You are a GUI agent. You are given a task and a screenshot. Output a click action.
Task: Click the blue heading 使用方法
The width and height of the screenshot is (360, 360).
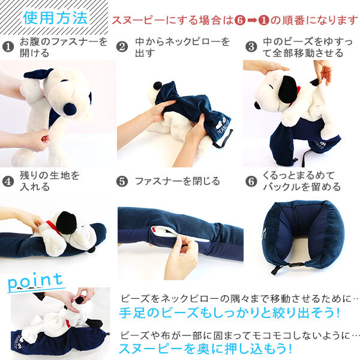tap(55, 17)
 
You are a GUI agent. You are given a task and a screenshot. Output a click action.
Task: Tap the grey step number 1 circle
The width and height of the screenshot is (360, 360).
tap(8, 47)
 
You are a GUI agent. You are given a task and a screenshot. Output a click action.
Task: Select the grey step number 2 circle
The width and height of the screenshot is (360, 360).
tap(122, 47)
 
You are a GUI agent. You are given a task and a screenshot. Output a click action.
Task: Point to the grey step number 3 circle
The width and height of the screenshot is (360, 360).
tap(251, 47)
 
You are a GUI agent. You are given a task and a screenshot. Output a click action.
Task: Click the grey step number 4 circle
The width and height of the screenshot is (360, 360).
tap(8, 181)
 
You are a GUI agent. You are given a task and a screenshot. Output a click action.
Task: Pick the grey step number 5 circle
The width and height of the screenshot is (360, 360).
tap(122, 181)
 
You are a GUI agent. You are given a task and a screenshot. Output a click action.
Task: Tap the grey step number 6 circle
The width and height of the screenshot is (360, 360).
tap(251, 181)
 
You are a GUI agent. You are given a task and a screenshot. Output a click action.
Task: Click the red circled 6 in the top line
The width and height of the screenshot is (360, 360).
tap(240, 20)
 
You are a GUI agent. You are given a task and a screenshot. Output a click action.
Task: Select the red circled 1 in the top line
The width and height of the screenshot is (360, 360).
tap(264, 20)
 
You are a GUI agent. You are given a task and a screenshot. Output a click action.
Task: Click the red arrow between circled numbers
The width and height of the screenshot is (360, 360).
tap(252, 20)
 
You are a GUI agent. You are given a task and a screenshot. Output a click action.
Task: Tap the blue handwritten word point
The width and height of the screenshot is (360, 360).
tap(35, 282)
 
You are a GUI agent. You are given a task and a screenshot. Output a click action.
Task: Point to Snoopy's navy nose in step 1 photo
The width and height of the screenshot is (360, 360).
tap(70, 109)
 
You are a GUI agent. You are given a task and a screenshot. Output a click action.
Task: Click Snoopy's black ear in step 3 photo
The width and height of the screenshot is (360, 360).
tap(287, 89)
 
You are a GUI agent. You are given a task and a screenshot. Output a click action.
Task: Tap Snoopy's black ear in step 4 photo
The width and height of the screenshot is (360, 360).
tap(67, 223)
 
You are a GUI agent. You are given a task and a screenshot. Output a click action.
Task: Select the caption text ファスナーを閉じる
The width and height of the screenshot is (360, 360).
tap(178, 181)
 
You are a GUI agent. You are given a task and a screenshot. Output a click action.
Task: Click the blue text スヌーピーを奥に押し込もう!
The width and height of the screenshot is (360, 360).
tap(206, 349)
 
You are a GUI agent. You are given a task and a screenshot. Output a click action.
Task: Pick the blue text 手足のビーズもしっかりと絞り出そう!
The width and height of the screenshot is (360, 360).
tap(229, 313)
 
